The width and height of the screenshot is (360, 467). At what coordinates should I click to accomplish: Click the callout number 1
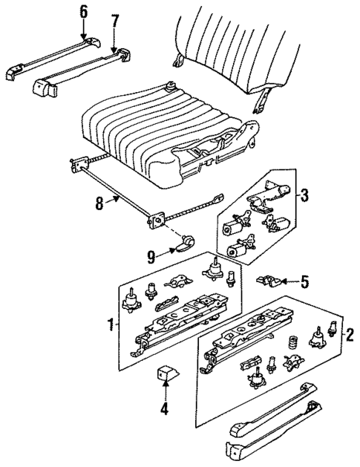pyautogui.click(x=110, y=324)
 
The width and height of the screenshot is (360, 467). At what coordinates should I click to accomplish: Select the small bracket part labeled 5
pyautogui.click(x=268, y=281)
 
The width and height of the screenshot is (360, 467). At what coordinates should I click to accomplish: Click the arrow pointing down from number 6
pyautogui.click(x=83, y=30)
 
